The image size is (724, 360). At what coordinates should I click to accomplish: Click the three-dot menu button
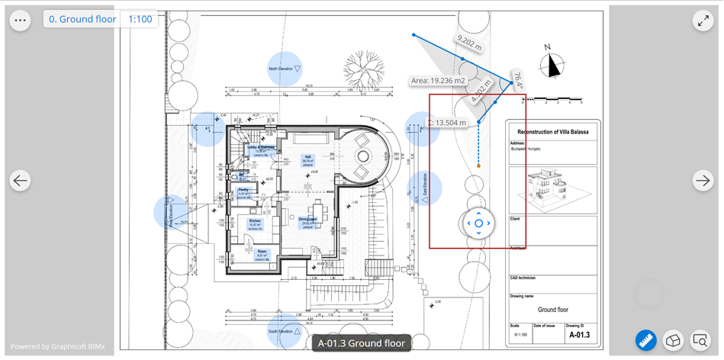20,21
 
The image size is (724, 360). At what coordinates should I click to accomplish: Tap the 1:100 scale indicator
140,19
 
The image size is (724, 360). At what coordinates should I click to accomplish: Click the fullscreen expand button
703,21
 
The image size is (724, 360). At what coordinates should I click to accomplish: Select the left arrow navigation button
21,181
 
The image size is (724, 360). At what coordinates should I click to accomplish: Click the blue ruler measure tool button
647,340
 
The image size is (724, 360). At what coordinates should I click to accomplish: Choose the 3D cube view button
673,340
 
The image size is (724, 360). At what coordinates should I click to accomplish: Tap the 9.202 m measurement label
468,43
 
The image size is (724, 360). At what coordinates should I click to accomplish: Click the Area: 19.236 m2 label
438,80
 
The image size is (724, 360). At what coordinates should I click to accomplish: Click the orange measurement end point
478,166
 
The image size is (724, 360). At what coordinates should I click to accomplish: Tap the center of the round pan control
478,223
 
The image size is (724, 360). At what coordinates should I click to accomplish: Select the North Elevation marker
285,69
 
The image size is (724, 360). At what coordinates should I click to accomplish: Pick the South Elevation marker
285,331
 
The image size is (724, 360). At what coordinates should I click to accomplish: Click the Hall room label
308,159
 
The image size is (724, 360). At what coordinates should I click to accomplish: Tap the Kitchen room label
255,222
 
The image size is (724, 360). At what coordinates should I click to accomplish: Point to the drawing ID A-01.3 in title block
579,335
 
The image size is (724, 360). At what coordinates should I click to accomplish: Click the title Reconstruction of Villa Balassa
553,131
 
